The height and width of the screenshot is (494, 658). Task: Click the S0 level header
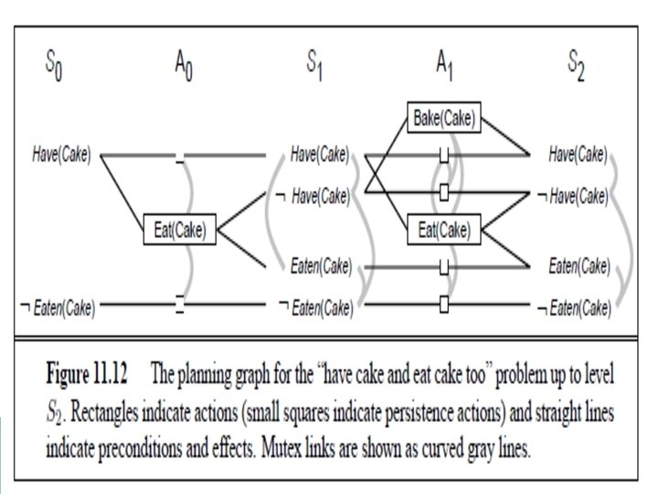[x=55, y=65]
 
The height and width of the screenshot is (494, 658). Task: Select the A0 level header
[x=182, y=65]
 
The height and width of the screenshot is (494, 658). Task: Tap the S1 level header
[x=315, y=65]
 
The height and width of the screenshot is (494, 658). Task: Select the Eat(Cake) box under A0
[x=179, y=231]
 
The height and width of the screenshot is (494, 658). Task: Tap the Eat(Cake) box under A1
[x=444, y=231]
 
